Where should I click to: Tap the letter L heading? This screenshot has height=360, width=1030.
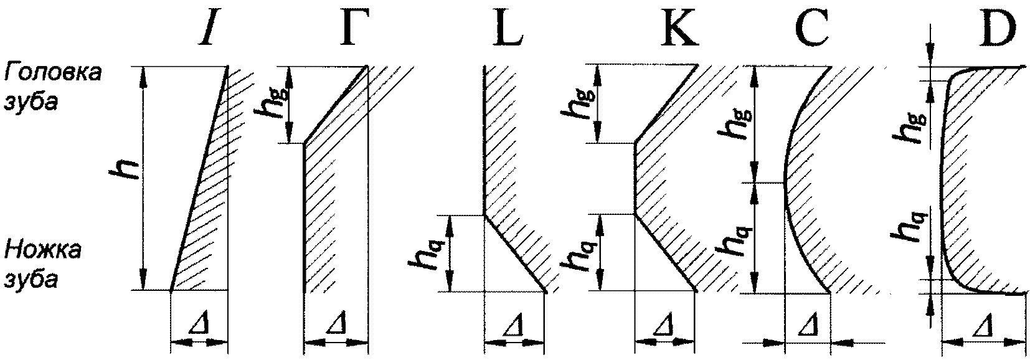(x=509, y=29)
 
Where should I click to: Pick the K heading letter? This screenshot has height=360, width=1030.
(x=679, y=29)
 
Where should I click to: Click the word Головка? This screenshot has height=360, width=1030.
(x=52, y=73)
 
